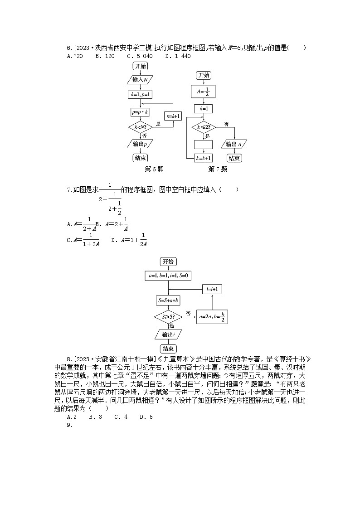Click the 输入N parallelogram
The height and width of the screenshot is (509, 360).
point(140,80)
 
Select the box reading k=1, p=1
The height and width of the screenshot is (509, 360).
point(140,94)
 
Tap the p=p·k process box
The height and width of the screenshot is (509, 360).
point(140,111)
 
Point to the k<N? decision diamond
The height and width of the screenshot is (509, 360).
point(140,127)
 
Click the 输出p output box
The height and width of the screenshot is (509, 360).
point(140,144)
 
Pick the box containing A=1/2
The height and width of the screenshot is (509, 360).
point(204,92)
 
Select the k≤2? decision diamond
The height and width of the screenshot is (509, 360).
point(204,127)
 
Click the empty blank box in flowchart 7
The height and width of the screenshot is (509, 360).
point(203,144)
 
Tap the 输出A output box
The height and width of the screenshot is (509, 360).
point(234,144)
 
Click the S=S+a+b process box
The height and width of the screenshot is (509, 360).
point(169,300)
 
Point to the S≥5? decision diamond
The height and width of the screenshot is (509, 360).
point(169,316)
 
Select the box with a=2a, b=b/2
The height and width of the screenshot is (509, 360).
point(212,316)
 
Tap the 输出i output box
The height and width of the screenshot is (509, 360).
point(169,334)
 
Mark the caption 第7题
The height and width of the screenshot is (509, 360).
point(218,170)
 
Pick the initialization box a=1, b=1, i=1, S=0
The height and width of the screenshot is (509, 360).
point(169,275)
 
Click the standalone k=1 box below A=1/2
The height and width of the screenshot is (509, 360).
point(204,109)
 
